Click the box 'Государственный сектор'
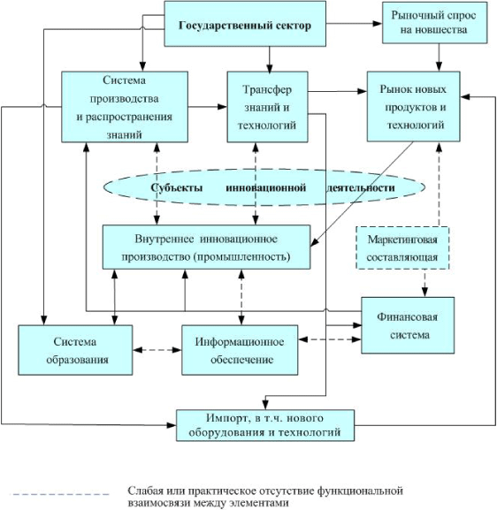pos(245,24)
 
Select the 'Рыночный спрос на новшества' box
pos(434,23)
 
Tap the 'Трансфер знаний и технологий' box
pos(267,107)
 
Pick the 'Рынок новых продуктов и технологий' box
pos(413,107)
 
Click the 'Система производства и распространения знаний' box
pos(125,107)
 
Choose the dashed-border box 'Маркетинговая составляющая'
pos(402,247)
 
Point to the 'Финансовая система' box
pos(408,325)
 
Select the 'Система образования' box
pos(75,350)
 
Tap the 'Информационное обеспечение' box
pos(240,350)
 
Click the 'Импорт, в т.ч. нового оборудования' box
pos(265,425)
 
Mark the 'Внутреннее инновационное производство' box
pos(206,247)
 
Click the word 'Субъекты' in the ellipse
pos(176,187)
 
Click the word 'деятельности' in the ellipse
pos(361,187)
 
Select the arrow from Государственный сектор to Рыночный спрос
pos(354,23)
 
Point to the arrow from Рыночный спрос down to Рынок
pos(439,57)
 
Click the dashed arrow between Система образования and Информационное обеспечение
pos(157,350)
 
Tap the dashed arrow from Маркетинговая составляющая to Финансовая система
pos(425,283)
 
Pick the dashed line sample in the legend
pos(60,494)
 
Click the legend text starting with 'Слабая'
pos(265,497)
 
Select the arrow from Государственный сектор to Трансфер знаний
pos(269,59)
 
